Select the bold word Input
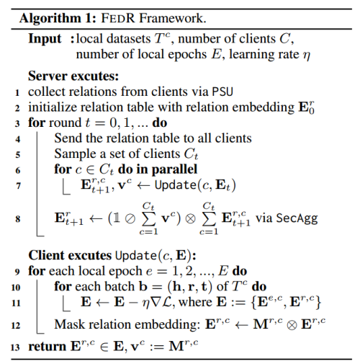[x=45, y=38]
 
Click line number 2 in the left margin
[x=17, y=107]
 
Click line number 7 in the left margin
[x=17, y=186]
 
